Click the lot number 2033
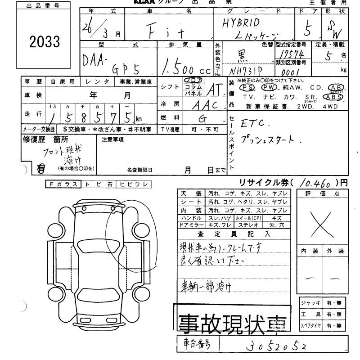click(44, 42)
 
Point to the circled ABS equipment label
click(336, 96)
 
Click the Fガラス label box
click(63, 184)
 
